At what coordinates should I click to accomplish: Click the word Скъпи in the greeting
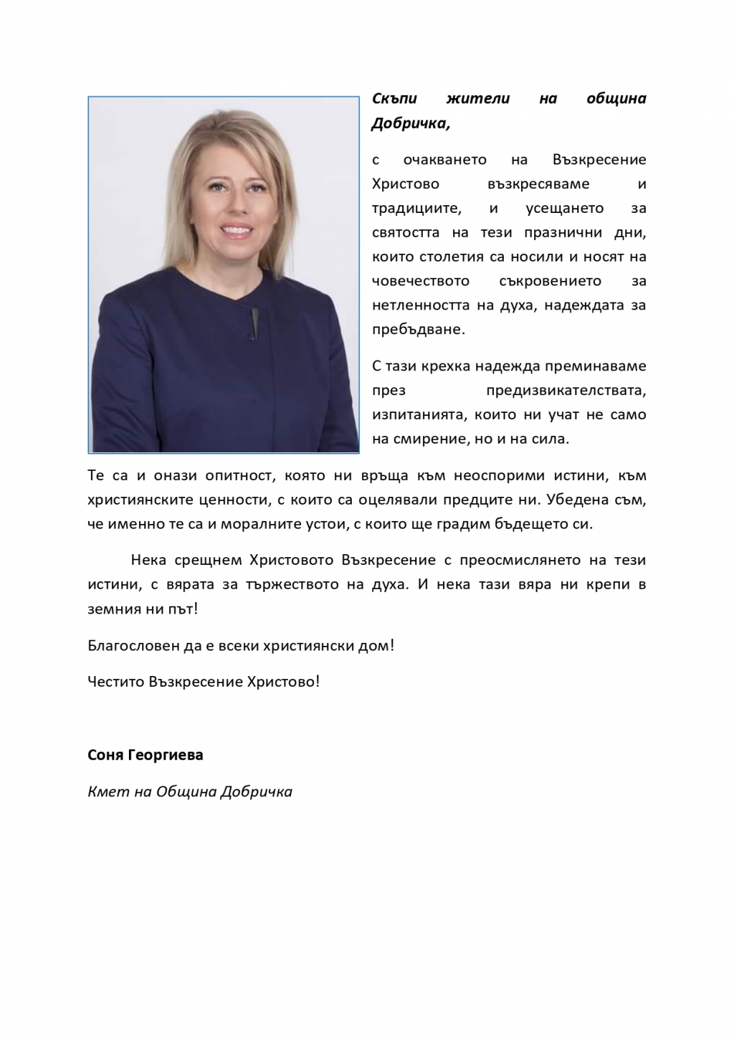click(394, 100)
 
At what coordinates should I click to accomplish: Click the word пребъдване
click(419, 330)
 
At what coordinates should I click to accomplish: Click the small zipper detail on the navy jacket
click(252, 321)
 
